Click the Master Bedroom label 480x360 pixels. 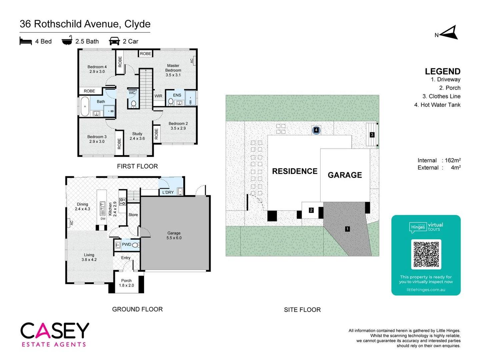click(173, 70)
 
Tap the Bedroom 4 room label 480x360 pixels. click(97, 69)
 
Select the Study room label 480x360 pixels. click(137, 136)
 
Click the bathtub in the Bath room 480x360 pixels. click(85, 106)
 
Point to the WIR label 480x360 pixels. click(158, 96)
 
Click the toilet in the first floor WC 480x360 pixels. click(134, 104)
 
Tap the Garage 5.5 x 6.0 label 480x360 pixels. click(174, 235)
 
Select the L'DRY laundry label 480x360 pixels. click(168, 192)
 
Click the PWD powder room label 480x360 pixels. click(126, 244)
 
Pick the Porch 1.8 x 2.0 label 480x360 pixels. click(126, 283)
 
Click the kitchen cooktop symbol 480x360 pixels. click(123, 201)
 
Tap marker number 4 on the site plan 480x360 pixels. click(316, 130)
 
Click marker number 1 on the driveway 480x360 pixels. click(347, 229)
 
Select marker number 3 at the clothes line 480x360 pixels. click(372, 135)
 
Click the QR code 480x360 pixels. click(426, 254)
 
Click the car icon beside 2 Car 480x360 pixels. click(114, 41)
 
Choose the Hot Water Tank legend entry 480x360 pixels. click(437, 105)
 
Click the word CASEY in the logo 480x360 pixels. click(55, 330)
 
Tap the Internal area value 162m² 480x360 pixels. click(453, 160)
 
